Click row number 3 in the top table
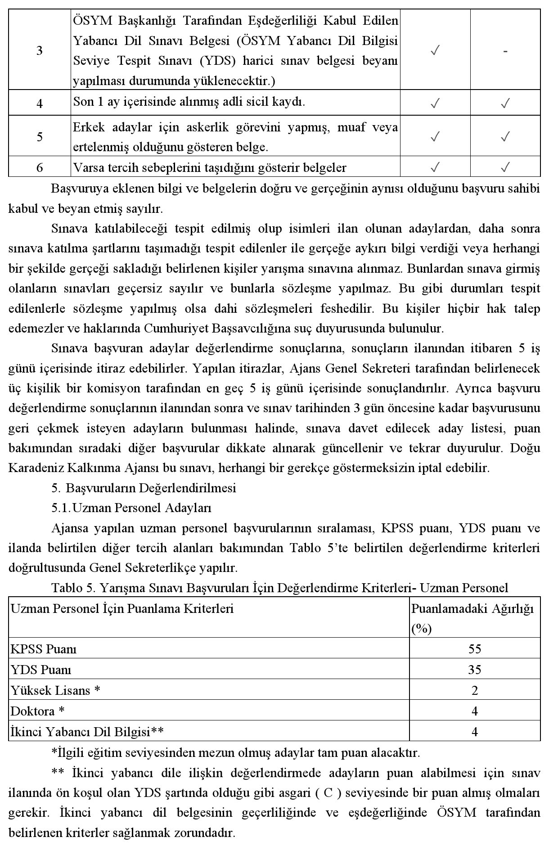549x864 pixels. [x=40, y=50]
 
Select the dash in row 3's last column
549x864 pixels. [x=505, y=51]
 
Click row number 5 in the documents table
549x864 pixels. [x=40, y=137]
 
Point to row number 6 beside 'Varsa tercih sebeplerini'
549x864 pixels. [x=40, y=168]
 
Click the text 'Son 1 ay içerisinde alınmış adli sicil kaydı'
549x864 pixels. [x=189, y=102]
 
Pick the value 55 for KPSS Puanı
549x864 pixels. [x=474, y=649]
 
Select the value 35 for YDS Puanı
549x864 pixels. [x=474, y=670]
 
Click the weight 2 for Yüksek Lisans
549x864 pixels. [x=474, y=690]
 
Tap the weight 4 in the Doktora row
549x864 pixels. [x=474, y=711]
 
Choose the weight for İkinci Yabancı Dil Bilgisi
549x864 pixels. [x=474, y=732]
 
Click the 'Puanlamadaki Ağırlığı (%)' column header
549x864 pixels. [x=472, y=618]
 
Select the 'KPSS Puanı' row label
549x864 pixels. [x=44, y=649]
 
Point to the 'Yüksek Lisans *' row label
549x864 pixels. [x=55, y=690]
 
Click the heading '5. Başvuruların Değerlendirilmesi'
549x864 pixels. [x=144, y=488]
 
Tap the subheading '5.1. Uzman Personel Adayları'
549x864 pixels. [x=131, y=508]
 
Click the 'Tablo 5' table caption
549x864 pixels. [x=279, y=588]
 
